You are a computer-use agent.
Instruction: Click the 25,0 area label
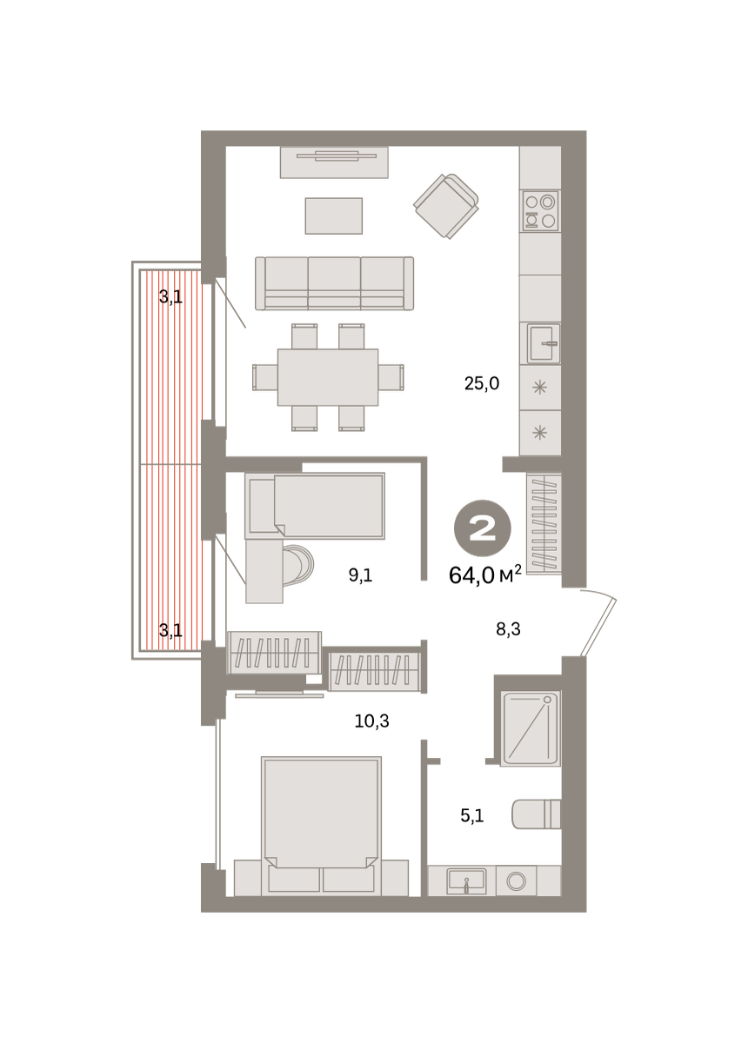click(x=482, y=383)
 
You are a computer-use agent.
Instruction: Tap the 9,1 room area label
click(x=360, y=575)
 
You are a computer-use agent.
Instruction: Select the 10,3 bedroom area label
click(x=371, y=721)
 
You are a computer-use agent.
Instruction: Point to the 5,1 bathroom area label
click(x=472, y=816)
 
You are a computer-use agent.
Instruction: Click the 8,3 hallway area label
click(x=508, y=629)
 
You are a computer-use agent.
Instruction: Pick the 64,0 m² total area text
click(x=484, y=575)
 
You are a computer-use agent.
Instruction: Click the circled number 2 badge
click(x=483, y=528)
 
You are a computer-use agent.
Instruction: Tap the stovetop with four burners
click(x=540, y=211)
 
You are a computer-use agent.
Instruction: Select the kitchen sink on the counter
click(x=544, y=343)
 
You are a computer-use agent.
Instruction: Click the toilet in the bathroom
click(x=536, y=814)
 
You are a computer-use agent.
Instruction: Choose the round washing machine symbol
click(x=517, y=881)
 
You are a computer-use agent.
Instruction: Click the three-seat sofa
click(x=334, y=283)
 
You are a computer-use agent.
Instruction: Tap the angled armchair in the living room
click(x=446, y=206)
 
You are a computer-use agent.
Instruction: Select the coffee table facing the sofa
click(x=334, y=216)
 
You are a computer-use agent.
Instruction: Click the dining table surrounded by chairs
click(x=328, y=377)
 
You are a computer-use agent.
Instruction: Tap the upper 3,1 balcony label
click(x=170, y=296)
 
